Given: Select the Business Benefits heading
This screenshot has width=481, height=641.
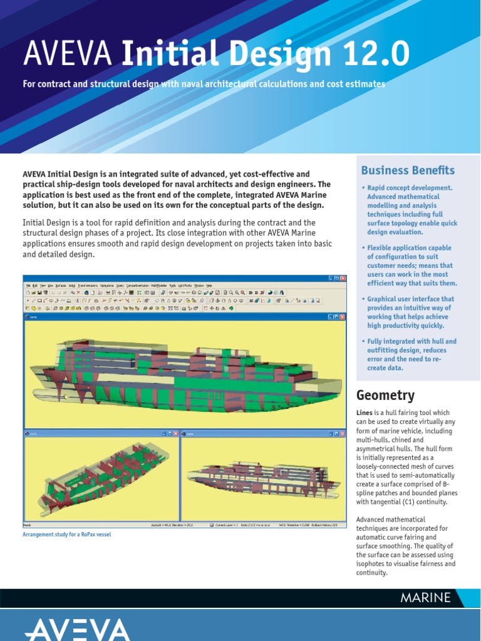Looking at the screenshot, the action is tap(408, 170).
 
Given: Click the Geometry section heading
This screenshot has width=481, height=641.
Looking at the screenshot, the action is tap(385, 395).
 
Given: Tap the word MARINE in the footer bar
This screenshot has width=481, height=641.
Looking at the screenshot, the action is tap(425, 597).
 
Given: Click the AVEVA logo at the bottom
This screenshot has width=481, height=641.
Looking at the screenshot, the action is tap(78, 628).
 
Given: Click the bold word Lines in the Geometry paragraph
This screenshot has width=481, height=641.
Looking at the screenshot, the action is tap(365, 413).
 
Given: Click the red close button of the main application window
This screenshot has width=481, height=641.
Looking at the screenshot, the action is tap(344, 278).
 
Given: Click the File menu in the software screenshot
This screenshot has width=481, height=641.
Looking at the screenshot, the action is tap(28, 285).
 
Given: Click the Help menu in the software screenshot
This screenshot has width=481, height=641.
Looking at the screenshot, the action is tap(209, 285).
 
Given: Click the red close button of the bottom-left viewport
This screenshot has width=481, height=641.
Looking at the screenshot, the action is tap(176, 433).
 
